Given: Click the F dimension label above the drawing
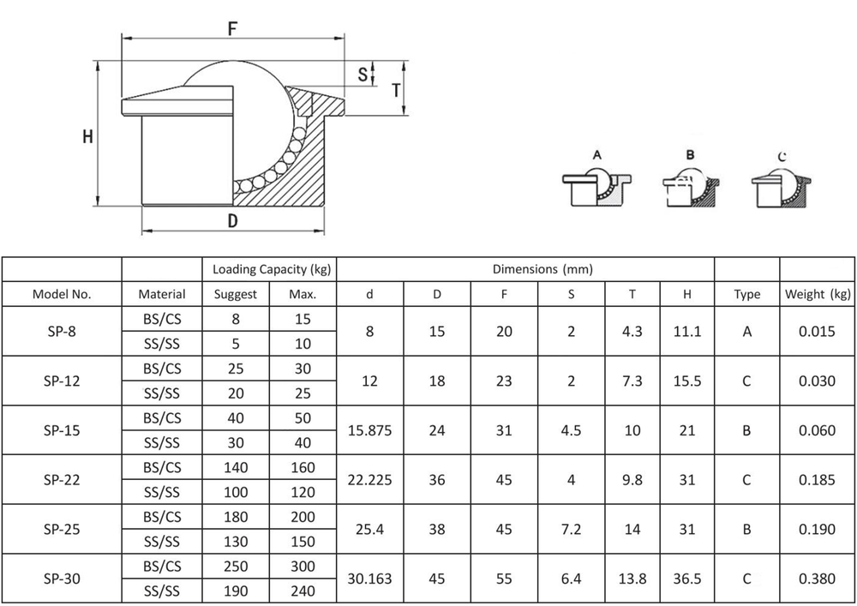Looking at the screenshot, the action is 233,28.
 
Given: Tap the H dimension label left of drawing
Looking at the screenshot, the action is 87,136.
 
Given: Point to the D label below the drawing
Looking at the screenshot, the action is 233,221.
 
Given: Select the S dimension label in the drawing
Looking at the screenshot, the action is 363,75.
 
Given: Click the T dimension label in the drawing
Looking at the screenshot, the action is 396,90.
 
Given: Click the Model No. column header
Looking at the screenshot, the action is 62,294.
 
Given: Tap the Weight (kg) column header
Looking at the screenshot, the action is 818,294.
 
